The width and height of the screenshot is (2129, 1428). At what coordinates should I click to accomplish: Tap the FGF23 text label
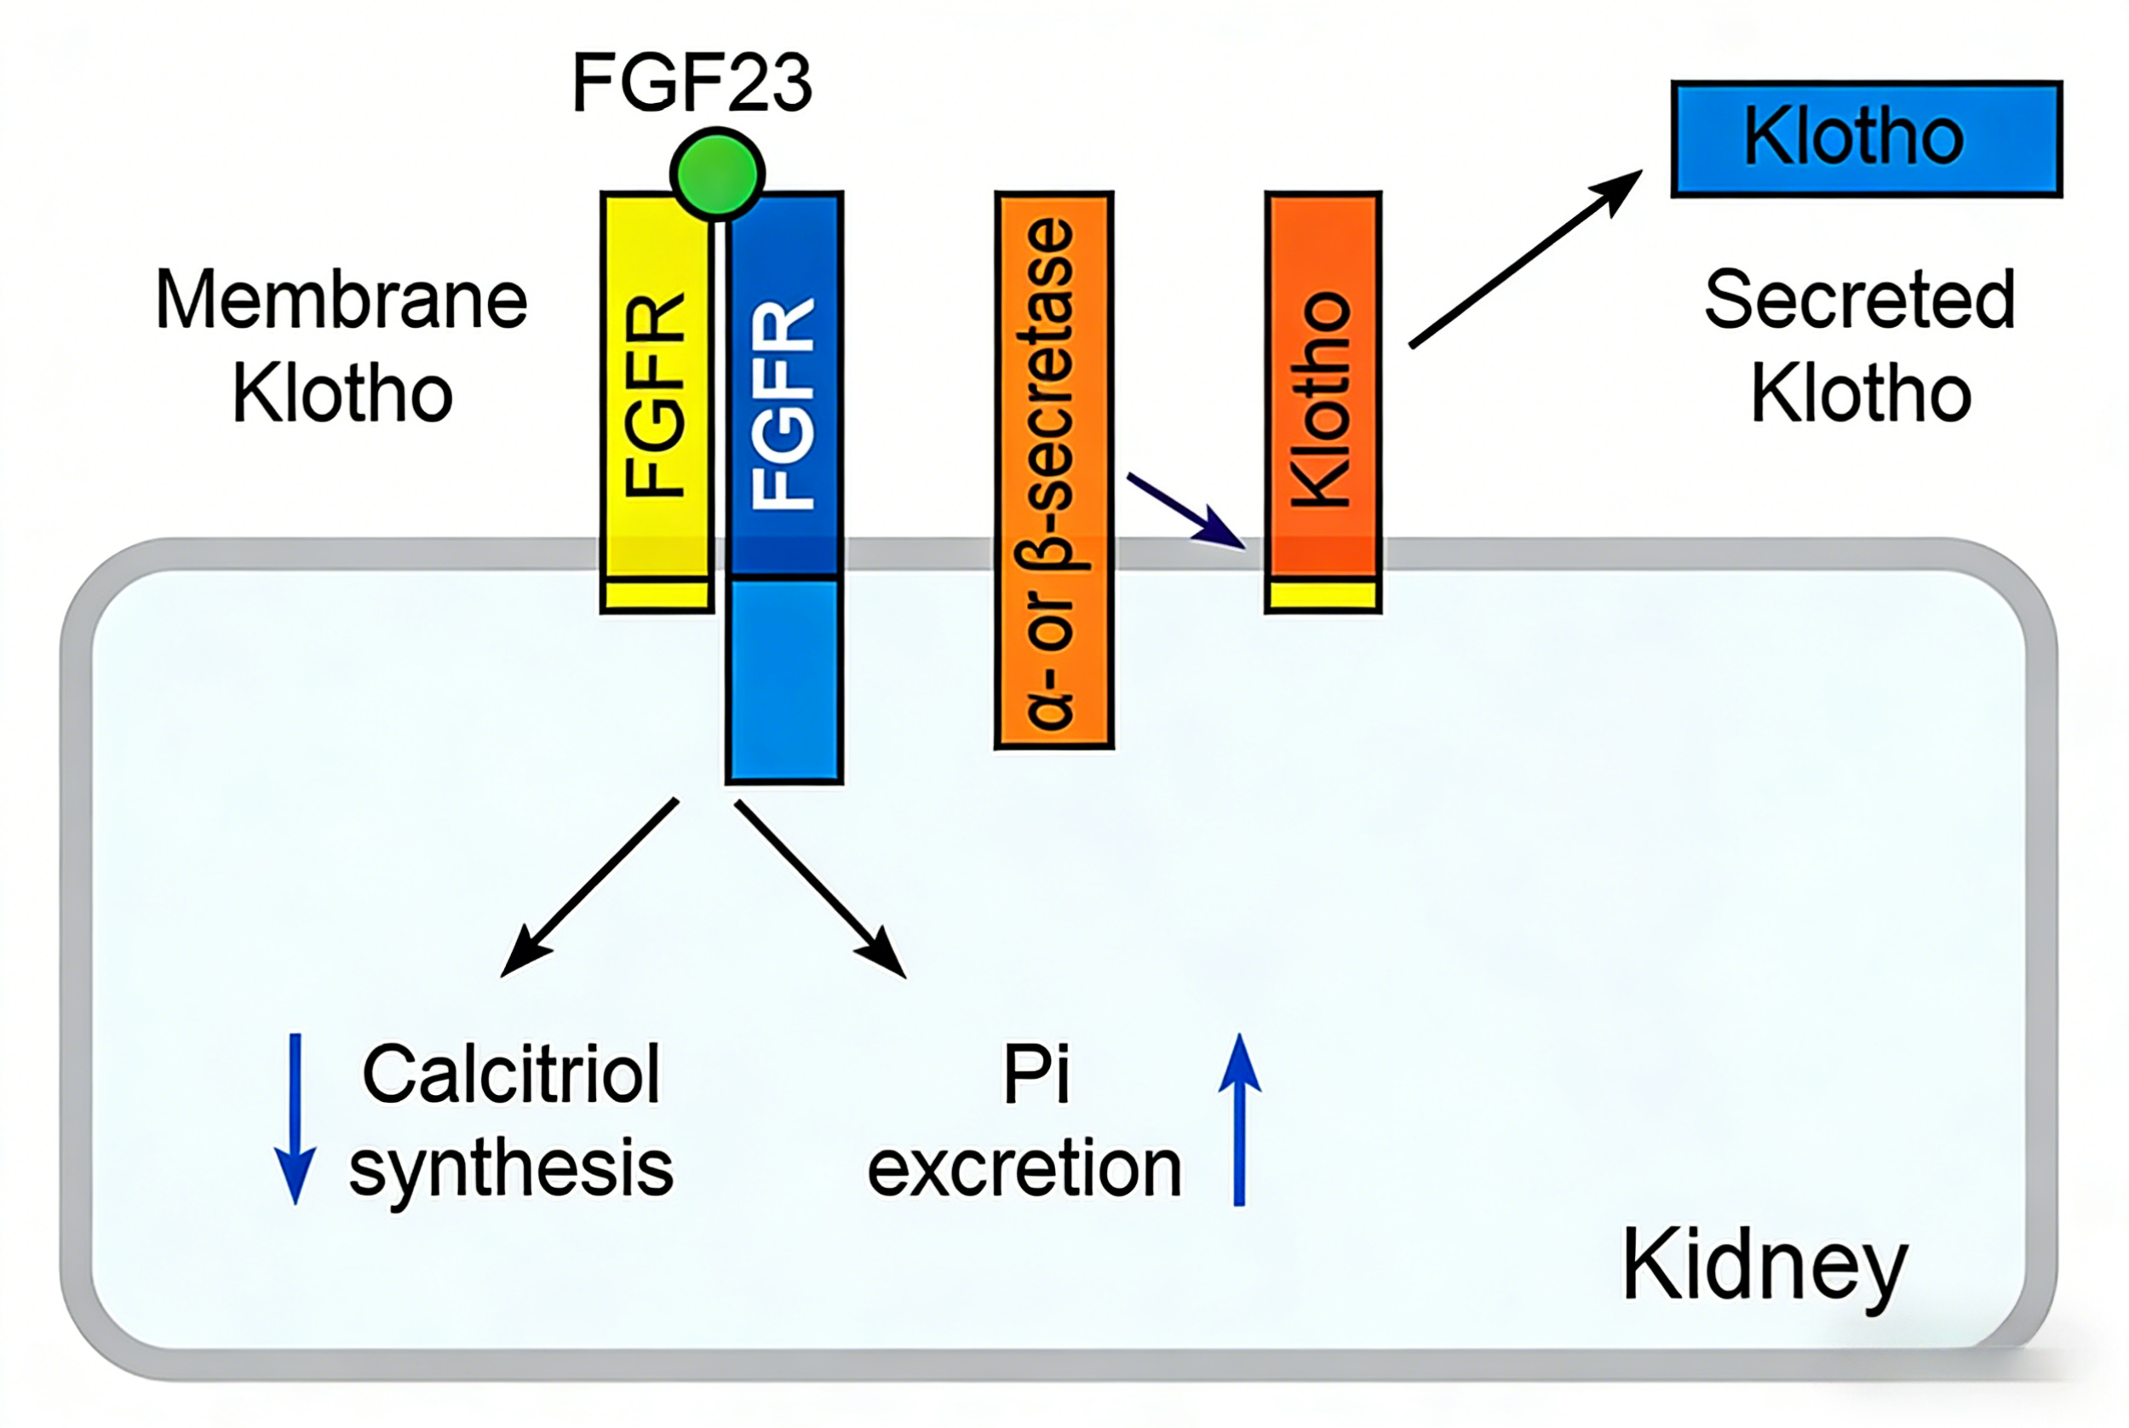coord(691,83)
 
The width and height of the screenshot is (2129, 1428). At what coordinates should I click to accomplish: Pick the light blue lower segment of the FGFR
coord(784,679)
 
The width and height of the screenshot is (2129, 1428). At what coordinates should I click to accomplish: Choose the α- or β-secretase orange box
coord(1053,470)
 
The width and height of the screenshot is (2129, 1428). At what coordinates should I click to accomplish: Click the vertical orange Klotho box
coord(1323,392)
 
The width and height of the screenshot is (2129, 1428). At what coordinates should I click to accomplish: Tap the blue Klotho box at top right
coord(1866,139)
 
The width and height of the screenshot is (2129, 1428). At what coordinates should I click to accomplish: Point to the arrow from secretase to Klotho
coord(1185,511)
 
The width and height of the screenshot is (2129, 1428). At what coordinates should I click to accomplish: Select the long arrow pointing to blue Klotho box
coord(1525,259)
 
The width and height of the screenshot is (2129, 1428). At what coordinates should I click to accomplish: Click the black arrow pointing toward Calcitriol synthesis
coord(590,887)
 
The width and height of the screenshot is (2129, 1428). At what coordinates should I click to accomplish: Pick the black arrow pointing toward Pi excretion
coord(819,888)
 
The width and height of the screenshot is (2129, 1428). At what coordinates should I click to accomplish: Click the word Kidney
coord(1764,1265)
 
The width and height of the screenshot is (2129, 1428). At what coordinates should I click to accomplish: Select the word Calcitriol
coord(511,1074)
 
